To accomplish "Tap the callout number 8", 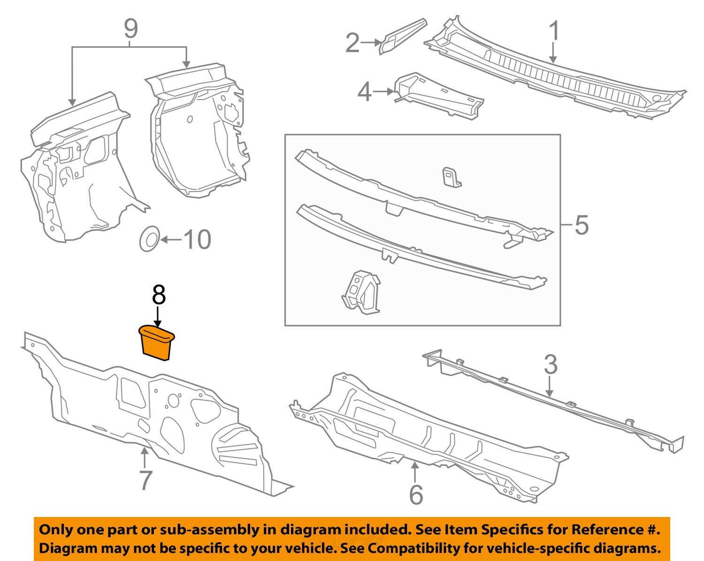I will coord(159,296).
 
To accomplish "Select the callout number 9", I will coord(130,29).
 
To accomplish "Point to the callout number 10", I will coord(197,239).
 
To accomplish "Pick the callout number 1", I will coord(554,32).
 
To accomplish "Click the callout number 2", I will coord(352,43).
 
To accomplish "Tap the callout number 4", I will coord(365,92).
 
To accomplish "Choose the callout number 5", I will coord(581,225).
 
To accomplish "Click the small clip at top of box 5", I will coord(451,177).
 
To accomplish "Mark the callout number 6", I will coord(416,495).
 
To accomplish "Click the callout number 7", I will coord(145,480).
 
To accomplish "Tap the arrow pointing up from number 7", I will coord(145,457).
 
